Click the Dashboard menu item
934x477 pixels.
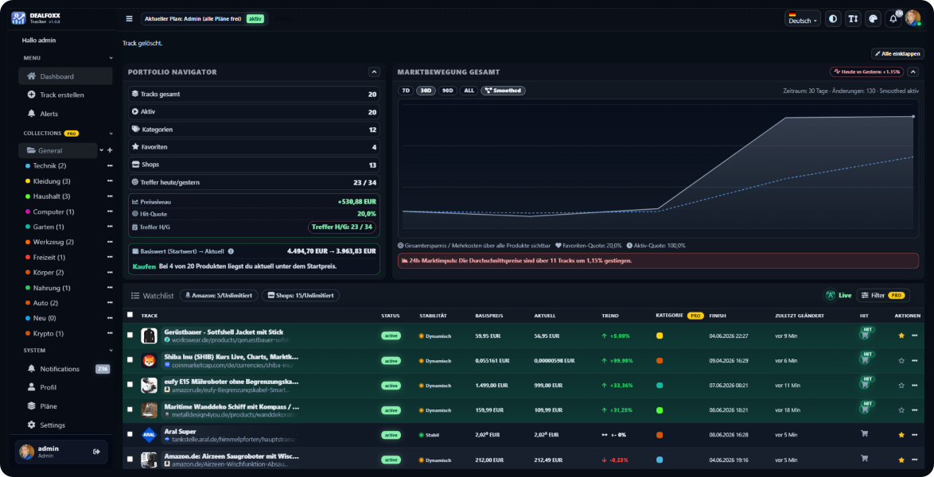[x=56, y=76]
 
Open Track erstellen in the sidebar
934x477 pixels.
[x=61, y=95]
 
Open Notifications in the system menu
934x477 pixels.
[x=60, y=369]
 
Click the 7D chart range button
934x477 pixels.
[x=406, y=91]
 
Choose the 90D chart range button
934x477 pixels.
[x=448, y=91]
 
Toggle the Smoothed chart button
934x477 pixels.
[x=503, y=91]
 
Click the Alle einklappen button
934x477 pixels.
[x=897, y=54]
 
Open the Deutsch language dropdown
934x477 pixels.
[x=802, y=19]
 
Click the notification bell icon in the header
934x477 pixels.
[x=893, y=19]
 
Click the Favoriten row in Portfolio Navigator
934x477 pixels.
[x=253, y=147]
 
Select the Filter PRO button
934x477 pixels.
[x=883, y=295]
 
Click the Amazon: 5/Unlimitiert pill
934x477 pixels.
[x=218, y=296]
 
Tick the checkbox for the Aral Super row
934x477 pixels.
[x=130, y=435]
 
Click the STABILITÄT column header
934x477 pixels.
[x=433, y=316]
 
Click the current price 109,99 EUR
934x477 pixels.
[x=549, y=410]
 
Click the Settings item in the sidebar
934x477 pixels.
[x=53, y=425]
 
